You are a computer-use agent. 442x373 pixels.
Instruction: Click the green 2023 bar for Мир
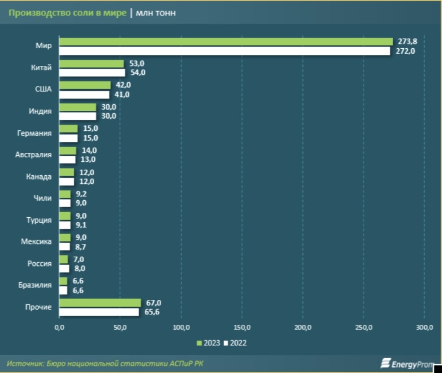226,42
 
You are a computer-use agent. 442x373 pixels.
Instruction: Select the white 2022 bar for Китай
92,73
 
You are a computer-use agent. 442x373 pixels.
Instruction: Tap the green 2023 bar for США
85,85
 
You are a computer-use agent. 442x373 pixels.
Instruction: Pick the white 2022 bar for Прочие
99,312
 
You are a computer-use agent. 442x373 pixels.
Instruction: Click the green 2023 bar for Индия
78,107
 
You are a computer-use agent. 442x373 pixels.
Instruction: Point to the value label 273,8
407,42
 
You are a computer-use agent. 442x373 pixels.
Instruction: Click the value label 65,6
152,312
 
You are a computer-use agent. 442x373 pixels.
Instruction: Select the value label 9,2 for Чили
81,194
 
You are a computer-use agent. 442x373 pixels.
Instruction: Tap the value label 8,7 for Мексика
81,247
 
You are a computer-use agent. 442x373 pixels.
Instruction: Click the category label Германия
34,133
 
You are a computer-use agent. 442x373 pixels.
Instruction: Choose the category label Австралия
34,155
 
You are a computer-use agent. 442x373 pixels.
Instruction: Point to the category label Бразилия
35,285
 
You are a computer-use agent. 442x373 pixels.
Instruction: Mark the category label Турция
39,220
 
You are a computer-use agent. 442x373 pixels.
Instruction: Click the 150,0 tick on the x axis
242,328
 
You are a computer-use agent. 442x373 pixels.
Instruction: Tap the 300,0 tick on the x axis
424,328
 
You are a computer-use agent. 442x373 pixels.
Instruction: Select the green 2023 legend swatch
199,343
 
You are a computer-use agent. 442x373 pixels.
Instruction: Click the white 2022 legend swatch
226,343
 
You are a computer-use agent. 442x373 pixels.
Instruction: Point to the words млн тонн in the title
156,13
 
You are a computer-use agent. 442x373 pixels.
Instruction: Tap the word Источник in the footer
25,364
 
